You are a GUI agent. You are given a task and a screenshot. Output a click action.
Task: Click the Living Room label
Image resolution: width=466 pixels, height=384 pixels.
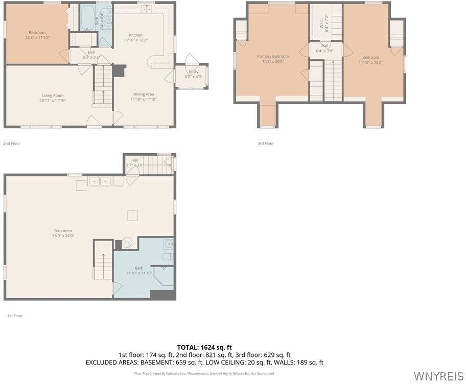tap(53, 95)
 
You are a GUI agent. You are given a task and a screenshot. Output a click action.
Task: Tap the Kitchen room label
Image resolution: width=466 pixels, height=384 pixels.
tap(135, 35)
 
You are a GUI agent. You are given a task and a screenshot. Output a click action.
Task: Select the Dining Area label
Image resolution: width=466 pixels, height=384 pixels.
tap(144, 94)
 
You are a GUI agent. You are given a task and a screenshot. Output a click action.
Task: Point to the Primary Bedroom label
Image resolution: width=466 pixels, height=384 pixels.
tap(273, 57)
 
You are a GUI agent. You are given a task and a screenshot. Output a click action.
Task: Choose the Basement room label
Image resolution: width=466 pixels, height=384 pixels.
tap(63, 231)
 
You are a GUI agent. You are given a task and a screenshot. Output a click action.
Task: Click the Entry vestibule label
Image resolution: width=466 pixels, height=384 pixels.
tap(193, 72)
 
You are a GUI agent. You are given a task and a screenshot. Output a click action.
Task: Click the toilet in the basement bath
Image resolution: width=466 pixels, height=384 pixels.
tap(168, 256)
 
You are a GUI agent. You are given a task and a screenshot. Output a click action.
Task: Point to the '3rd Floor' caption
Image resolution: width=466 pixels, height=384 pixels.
tap(266, 143)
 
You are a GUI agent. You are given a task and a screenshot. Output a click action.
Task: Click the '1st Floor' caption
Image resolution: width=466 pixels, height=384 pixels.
tap(15, 316)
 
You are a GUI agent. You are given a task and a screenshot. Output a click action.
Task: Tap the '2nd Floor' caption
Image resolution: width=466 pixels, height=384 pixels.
tap(12, 143)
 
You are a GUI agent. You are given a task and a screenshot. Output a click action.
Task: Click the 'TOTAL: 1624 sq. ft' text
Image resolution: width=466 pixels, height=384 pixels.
tap(204, 347)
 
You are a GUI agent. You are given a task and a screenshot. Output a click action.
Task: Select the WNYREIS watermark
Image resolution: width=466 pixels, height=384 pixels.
tap(438, 376)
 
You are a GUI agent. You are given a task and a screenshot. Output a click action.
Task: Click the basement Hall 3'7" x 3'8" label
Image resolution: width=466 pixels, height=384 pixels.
tap(135, 162)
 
